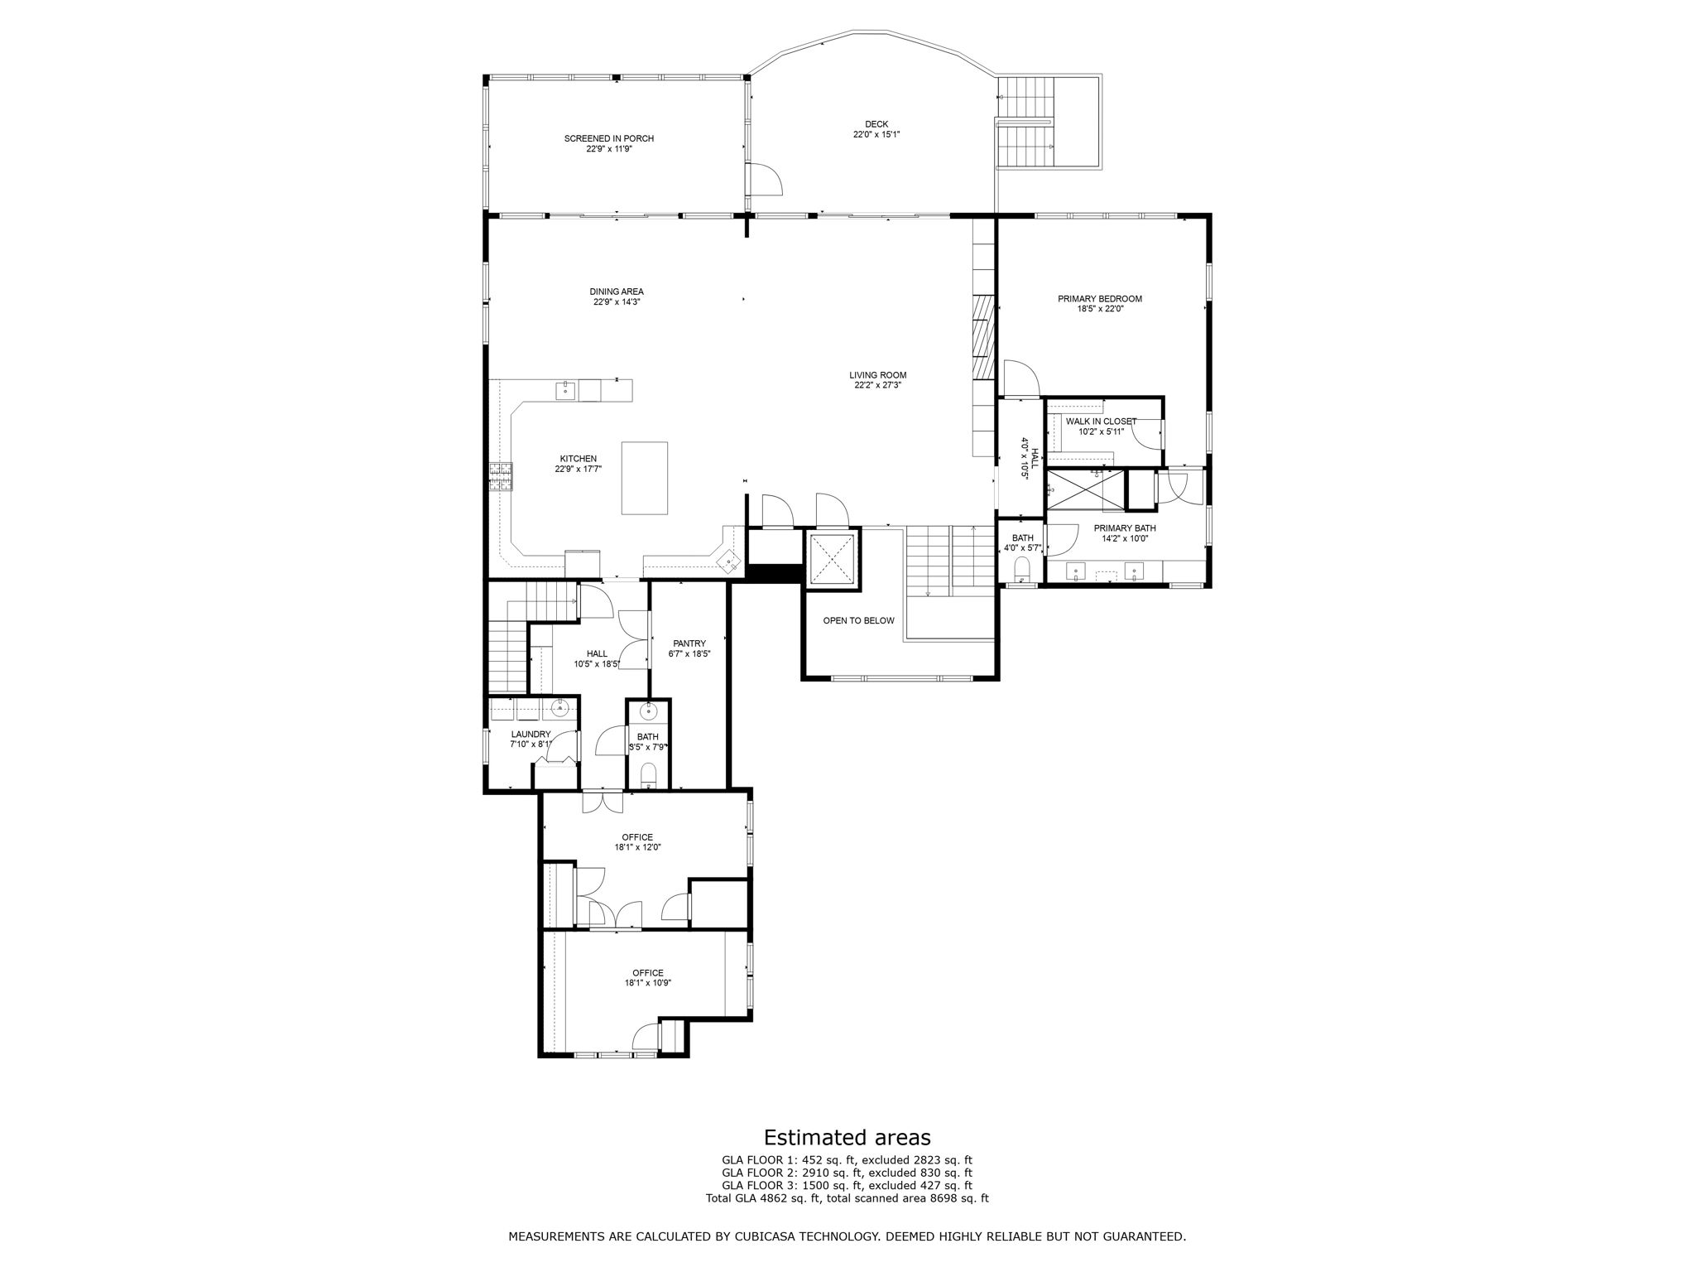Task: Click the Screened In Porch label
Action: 609,138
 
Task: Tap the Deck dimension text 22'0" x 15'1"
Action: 876,134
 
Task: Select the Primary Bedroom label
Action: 1100,299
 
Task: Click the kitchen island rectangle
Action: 645,478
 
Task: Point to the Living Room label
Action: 877,375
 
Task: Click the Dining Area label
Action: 617,291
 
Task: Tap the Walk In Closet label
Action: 1101,422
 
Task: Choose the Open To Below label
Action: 858,620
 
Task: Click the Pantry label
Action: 689,643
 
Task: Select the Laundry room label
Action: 531,734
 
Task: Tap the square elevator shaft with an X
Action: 832,560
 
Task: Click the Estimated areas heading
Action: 847,1137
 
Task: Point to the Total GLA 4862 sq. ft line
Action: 847,1197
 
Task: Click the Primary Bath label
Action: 1125,528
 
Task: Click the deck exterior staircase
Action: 1026,122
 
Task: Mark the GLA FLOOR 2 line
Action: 847,1173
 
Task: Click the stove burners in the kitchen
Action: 500,477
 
